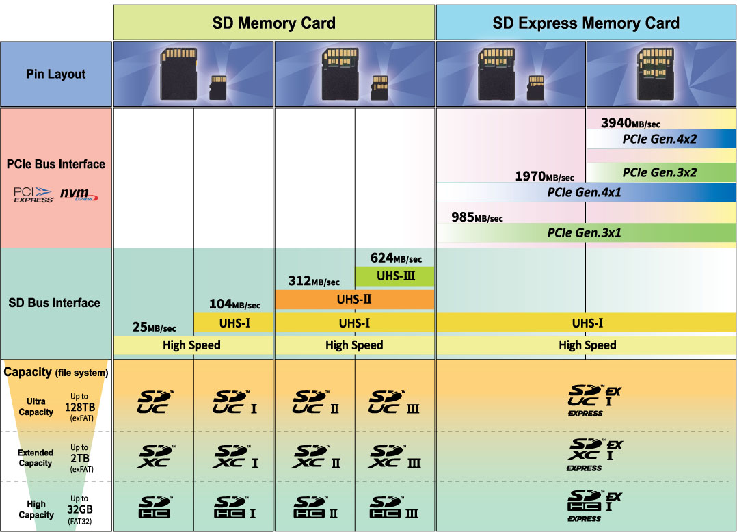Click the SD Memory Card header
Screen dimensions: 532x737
[273, 23]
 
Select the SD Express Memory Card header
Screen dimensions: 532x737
[586, 23]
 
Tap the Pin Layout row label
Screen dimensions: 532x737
[56, 74]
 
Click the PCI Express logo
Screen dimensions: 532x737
[33, 195]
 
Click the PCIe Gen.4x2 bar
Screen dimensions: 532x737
[660, 139]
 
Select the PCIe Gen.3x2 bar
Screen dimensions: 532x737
[660, 172]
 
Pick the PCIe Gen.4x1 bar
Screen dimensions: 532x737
[585, 192]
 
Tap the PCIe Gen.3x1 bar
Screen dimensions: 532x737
[585, 232]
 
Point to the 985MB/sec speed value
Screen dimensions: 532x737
[477, 217]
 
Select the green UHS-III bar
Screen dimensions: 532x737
[394, 276]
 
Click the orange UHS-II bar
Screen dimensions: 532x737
[354, 299]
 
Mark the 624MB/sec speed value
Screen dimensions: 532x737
[396, 258]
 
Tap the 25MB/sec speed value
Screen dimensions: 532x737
[154, 328]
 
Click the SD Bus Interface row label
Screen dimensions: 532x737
[55, 302]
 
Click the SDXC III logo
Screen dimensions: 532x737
[394, 457]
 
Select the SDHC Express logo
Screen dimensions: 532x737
[593, 505]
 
